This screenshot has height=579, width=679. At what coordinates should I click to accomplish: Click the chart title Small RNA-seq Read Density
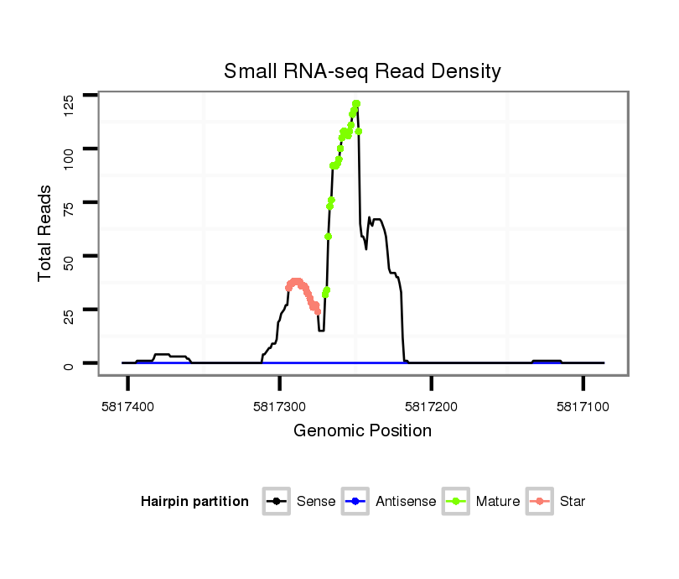point(362,71)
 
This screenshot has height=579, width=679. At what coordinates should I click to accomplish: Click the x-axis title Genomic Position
point(362,431)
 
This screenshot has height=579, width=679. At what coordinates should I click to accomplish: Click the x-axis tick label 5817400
point(127,405)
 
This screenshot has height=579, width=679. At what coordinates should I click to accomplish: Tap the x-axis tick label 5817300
point(279,405)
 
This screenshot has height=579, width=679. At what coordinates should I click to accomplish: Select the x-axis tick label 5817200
point(431,405)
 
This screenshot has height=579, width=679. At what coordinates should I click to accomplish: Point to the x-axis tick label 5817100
point(583,405)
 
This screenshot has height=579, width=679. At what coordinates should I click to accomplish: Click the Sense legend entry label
point(316,502)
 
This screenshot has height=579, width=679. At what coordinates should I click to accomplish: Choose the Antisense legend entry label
point(406,502)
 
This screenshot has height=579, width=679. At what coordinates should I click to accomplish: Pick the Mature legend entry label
point(498,502)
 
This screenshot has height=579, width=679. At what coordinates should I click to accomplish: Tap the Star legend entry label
point(573,502)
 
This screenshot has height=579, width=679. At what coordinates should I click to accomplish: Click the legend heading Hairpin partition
point(194,502)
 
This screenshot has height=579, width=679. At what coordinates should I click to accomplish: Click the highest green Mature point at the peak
point(356,103)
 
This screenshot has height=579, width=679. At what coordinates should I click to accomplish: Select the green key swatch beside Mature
point(459,502)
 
